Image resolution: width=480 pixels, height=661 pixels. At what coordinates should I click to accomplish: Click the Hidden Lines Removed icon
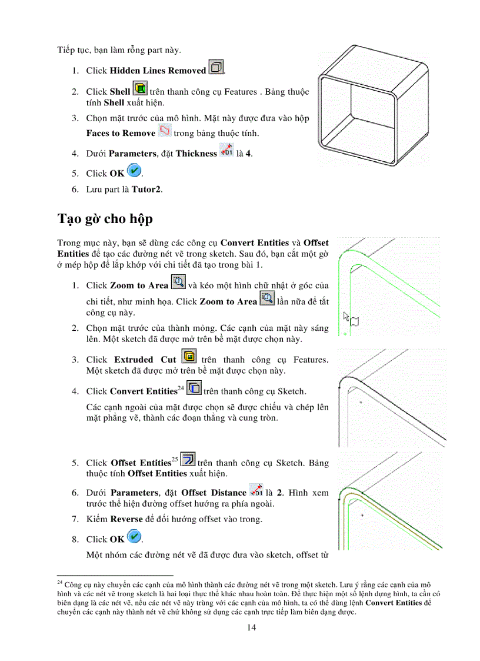pos(216,69)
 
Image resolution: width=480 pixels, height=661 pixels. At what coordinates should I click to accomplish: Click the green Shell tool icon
pos(140,89)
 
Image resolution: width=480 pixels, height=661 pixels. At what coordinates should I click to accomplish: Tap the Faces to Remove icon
pos(165,131)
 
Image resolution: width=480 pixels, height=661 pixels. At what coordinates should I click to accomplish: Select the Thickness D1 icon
pos(226,151)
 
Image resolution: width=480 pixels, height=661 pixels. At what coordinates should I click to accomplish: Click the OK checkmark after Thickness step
pos(134,171)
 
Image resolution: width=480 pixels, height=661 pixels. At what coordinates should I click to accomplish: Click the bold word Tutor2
pos(146,190)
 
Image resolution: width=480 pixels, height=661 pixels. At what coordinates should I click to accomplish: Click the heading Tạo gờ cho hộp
pos(105,219)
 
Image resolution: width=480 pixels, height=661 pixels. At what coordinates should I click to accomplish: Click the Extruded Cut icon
pos(189,357)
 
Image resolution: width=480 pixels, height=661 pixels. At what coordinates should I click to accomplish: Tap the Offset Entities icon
pos(188,460)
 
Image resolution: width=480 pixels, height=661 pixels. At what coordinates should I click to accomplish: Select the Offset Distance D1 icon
pos(256,490)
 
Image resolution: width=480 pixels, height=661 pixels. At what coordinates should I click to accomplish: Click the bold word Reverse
pos(126,519)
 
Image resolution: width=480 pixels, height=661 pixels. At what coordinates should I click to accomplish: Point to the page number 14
pos(251,627)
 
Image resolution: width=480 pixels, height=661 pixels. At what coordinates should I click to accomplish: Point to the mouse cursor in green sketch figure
pos(347,317)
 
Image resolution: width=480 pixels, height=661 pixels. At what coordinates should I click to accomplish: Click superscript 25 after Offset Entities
pos(175,459)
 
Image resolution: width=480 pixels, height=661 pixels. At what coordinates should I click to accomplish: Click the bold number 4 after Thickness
pos(250,154)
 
